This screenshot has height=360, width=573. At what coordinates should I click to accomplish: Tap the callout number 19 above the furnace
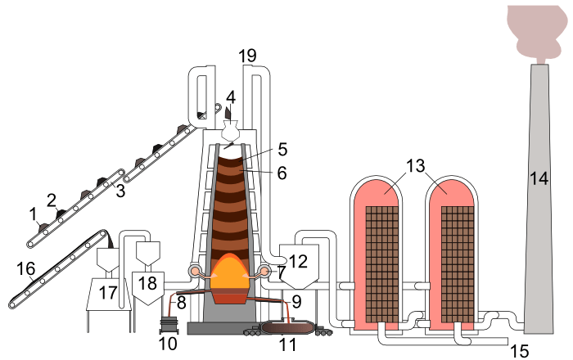pos(247,56)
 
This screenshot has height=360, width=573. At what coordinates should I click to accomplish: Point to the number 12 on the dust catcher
pos(297,262)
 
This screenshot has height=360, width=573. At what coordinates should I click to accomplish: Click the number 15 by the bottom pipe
pos(519,351)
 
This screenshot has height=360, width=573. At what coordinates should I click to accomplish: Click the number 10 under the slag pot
pos(168,344)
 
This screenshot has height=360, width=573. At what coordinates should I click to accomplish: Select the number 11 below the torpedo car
pos(287,345)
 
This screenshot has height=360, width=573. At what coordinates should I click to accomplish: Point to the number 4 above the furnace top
pos(231,97)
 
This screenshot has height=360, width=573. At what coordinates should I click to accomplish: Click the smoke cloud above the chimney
pos(536,25)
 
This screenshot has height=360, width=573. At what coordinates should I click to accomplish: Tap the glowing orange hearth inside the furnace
pos(230,274)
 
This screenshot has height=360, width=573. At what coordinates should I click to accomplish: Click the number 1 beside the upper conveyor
pos(34,214)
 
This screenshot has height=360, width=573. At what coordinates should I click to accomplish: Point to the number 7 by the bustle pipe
pos(282,271)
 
